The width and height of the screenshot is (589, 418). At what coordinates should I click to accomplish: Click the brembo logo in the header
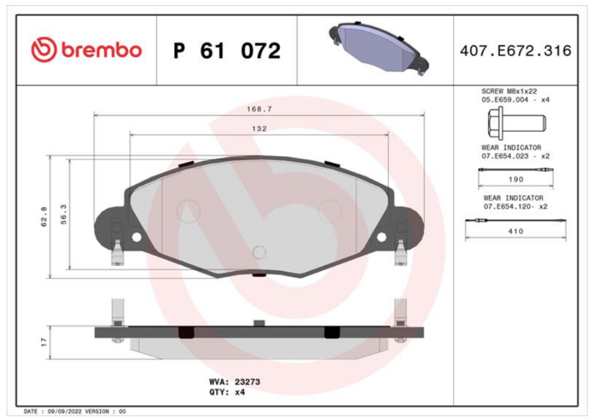click(86, 50)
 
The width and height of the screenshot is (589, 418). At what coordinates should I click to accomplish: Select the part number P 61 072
click(227, 51)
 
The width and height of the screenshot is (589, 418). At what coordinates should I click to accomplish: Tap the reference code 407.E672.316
click(515, 51)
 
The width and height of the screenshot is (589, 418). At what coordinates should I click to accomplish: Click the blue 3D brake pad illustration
click(378, 48)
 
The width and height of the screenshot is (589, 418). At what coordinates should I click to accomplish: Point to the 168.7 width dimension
click(259, 110)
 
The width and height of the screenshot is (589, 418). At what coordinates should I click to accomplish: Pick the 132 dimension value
click(259, 129)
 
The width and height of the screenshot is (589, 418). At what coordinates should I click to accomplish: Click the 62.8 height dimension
click(44, 216)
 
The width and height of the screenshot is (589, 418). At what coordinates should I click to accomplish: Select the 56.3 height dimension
click(64, 214)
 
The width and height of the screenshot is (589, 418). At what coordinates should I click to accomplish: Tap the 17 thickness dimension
click(44, 341)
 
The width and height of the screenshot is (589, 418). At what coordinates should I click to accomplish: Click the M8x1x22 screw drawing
click(517, 123)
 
